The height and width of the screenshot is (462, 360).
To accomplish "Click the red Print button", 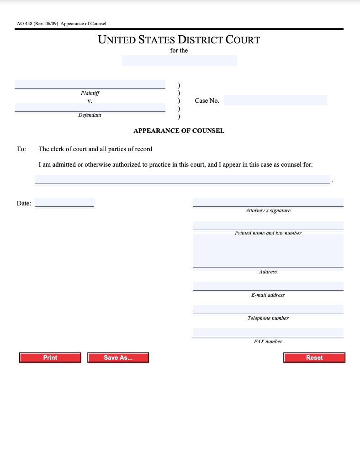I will [50, 357].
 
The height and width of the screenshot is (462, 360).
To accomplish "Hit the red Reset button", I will [314, 357].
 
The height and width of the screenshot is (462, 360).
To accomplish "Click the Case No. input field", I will [275, 100].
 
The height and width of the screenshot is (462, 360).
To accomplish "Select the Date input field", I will [64, 203].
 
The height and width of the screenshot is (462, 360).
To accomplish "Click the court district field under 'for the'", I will [179, 61].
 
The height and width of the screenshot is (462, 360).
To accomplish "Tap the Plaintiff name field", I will [90, 84].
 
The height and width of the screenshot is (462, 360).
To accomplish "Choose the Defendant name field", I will [90, 108].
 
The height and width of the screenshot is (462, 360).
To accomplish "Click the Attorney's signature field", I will [268, 202].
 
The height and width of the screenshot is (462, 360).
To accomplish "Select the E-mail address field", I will [268, 286].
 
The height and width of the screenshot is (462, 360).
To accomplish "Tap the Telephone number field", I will [268, 310].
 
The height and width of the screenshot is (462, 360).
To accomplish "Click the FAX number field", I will [268, 333].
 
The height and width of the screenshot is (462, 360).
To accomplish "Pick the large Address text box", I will [268, 251].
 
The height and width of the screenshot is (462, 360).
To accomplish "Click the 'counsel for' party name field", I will [182, 180].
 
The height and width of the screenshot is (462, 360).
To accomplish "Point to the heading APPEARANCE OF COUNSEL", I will [179, 131].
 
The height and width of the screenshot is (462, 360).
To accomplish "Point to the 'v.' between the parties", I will [90, 100].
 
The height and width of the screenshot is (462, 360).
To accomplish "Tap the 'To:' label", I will [21, 149].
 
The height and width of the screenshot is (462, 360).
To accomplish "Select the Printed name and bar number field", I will [268, 226].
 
